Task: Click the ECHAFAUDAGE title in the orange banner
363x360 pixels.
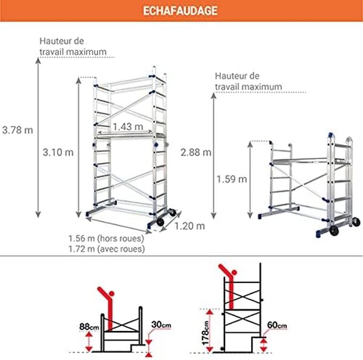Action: [x=181, y=11]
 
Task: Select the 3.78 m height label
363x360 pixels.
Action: [x=18, y=129]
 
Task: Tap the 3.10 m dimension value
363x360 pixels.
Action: [x=59, y=152]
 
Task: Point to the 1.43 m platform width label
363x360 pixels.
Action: [x=128, y=126]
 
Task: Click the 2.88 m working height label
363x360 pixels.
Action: [x=195, y=152]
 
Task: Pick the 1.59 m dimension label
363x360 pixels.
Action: [x=232, y=179]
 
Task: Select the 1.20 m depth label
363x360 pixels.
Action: [x=190, y=226]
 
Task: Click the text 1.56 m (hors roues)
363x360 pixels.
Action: [x=106, y=238]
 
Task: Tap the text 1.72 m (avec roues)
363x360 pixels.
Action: [x=106, y=249]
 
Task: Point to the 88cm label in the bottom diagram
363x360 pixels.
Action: [x=88, y=327]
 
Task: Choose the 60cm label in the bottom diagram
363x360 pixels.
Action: [x=276, y=326]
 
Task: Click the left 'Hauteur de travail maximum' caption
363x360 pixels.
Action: [x=77, y=47]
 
